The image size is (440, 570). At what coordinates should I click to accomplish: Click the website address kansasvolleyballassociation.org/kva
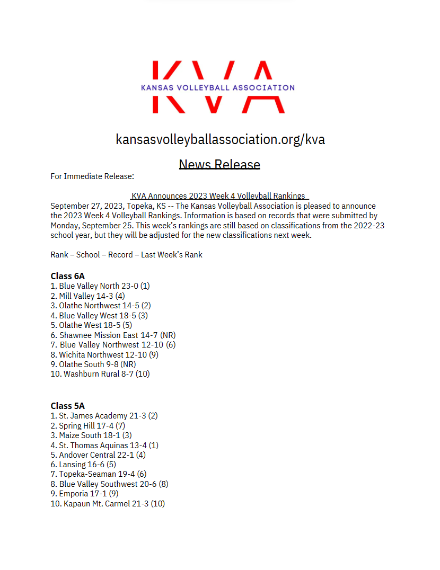point(220,139)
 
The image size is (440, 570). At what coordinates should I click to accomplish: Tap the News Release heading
point(219,164)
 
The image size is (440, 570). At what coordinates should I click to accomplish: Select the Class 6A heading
point(67,276)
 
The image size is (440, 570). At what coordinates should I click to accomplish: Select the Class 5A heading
point(67,406)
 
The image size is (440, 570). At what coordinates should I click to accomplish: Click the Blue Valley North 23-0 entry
point(100,286)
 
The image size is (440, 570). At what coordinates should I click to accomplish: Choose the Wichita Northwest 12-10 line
point(104,355)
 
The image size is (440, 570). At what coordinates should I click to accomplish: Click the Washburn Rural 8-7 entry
point(100,374)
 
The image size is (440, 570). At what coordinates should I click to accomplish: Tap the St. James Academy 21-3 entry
point(104,416)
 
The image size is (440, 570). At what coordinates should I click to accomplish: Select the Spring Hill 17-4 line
point(87,426)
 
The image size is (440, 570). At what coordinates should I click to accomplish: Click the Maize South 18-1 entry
point(91,435)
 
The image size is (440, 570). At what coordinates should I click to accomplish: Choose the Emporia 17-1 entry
point(84,494)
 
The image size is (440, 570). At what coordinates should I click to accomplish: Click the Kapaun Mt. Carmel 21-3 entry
point(108,504)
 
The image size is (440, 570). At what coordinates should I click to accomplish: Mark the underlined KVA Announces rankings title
point(218,196)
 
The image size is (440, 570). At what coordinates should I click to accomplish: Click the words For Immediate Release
point(92,176)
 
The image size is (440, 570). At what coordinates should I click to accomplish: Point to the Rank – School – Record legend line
point(126,255)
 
